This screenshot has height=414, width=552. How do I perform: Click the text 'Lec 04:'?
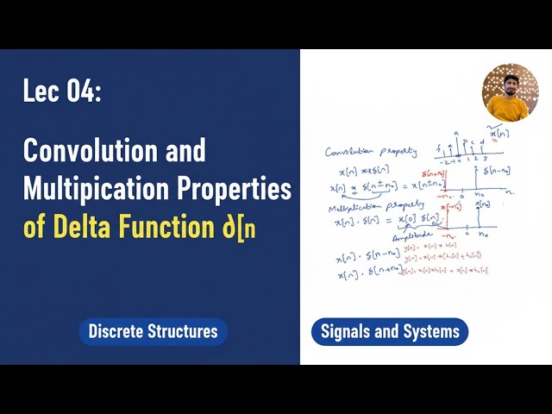point(62,92)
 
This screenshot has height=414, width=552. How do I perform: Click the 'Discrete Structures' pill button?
point(153,331)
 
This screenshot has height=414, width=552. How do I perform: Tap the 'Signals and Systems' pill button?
point(389,331)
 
